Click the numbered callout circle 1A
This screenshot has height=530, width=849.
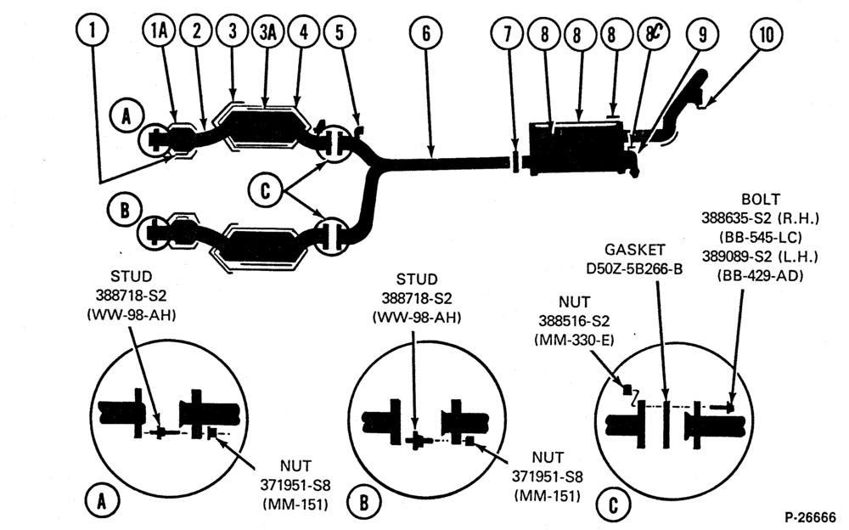(x=160, y=31)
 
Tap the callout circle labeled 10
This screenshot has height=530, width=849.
(x=767, y=34)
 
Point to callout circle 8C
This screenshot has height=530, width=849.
(x=653, y=34)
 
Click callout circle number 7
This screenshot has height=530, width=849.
(x=508, y=34)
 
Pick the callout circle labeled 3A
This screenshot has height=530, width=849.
(x=268, y=31)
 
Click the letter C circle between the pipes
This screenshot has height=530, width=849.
(x=265, y=191)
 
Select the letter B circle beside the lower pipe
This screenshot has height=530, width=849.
(x=125, y=210)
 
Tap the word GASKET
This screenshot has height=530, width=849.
(x=634, y=249)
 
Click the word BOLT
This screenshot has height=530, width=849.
(x=761, y=199)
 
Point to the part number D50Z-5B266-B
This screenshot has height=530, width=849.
(x=634, y=268)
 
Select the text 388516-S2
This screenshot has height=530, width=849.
(x=574, y=321)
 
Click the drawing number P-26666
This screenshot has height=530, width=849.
(x=812, y=516)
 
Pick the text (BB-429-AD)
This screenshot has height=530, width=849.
(x=760, y=275)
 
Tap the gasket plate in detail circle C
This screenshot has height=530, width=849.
(x=666, y=425)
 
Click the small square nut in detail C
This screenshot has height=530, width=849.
(x=627, y=389)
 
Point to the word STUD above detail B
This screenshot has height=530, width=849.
(x=416, y=279)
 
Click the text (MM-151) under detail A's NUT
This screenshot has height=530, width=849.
(x=295, y=504)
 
